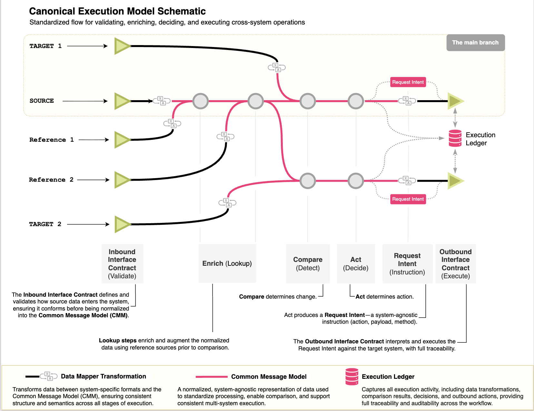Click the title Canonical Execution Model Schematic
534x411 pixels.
[x=117, y=11]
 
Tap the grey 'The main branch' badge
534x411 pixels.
[x=475, y=43]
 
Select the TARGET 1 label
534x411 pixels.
[x=45, y=46]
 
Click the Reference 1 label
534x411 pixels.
[x=51, y=140]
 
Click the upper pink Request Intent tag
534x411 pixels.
[x=408, y=82]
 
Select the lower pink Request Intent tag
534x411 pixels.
[x=408, y=199]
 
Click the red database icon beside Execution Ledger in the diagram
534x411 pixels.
[x=455, y=138]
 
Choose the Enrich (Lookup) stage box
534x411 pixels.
[x=227, y=263]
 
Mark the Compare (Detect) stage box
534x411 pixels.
[x=308, y=263]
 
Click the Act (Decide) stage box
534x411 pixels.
[x=356, y=263]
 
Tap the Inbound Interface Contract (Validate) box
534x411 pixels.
[x=122, y=263]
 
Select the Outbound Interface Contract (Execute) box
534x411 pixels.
[x=455, y=263]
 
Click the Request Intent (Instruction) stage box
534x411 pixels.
[x=407, y=263]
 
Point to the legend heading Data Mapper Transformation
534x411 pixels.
[x=103, y=376]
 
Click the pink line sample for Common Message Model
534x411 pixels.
[x=212, y=377]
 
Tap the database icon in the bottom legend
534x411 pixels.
[x=352, y=377]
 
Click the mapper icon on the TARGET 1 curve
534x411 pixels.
[x=277, y=67]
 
